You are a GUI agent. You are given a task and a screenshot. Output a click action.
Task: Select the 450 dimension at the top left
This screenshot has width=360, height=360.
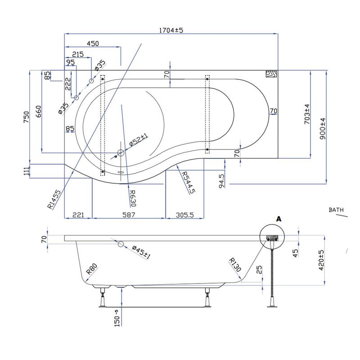tap(92, 44)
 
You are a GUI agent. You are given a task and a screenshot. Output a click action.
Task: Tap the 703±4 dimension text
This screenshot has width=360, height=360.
tap(307, 114)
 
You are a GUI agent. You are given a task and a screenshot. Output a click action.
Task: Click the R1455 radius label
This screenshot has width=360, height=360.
tap(54, 200)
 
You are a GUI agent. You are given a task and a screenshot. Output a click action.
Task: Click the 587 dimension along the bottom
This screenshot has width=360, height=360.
tap(129, 215)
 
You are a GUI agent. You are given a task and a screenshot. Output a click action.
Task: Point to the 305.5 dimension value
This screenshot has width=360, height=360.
tap(184, 215)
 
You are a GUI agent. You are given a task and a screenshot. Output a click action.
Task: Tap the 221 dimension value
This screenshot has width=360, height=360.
tap(78, 215)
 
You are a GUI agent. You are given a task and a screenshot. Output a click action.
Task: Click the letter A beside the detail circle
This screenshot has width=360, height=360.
tap(279, 219)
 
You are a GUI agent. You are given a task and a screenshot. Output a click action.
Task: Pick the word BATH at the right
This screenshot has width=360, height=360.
tap(336, 210)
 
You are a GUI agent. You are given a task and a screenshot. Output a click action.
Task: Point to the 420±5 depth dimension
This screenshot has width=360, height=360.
tap(321, 261)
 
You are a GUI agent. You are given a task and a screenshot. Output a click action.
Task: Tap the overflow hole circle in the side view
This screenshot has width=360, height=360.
tap(121, 244)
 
